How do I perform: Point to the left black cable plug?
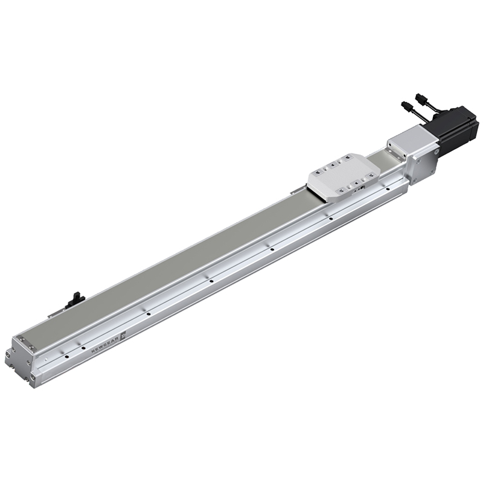[406, 107]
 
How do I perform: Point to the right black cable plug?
[420, 98]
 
